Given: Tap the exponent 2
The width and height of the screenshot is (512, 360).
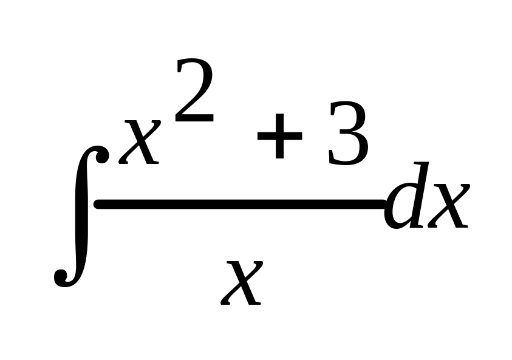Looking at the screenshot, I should (195, 91).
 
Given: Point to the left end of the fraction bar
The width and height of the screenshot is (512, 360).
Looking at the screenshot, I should (97, 206).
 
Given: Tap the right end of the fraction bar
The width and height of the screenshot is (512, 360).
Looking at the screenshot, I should (383, 206).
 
